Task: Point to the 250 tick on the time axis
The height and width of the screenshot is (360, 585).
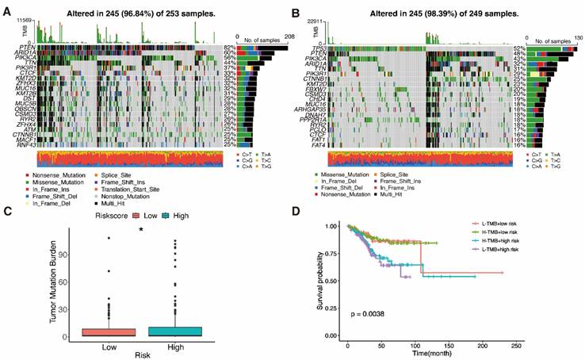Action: pyautogui.click(x=516, y=347)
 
